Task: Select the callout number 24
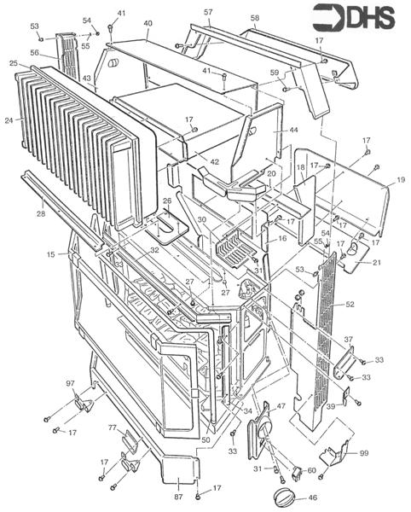9,120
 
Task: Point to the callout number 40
148,23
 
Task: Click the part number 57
208,12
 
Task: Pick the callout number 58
255,18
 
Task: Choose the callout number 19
400,181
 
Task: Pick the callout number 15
50,253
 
